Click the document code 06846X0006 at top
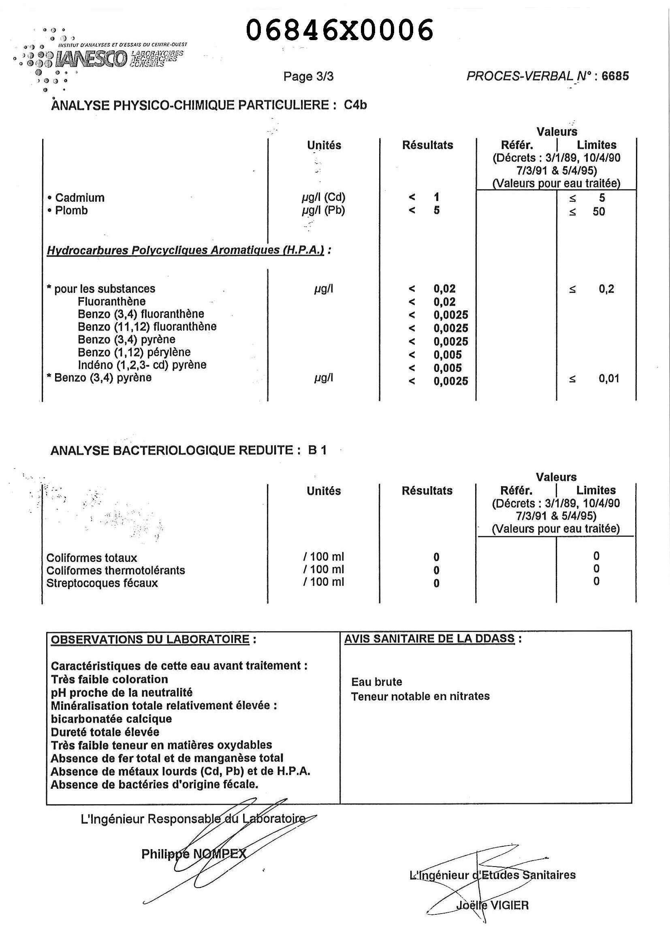tap(339, 30)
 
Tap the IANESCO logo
tap(93, 59)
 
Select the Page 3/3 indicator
tap(308, 77)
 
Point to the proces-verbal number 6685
tap(615, 76)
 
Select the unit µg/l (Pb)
tap(323, 211)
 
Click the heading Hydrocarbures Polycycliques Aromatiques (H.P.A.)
tap(186, 250)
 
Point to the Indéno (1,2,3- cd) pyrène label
tap(142, 365)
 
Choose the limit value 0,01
tap(608, 379)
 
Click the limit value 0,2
tap(606, 289)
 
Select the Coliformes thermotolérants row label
tap(115, 570)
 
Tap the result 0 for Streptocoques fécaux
tap(436, 583)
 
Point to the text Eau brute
tap(376, 682)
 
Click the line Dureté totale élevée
tap(105, 732)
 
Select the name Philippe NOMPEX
tap(194, 854)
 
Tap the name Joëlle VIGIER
tap(492, 905)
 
